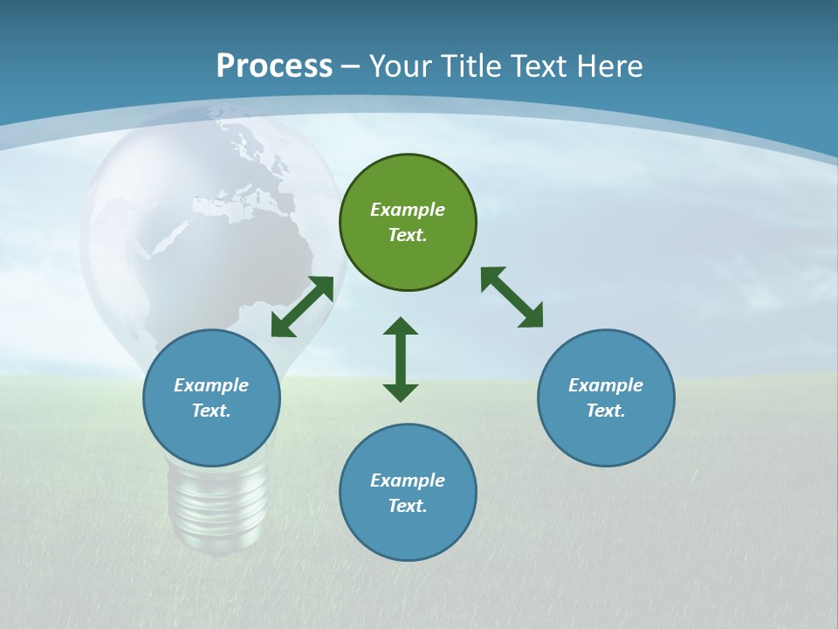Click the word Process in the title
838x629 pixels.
pyautogui.click(x=274, y=66)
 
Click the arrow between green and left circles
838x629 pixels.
pyautogui.click(x=302, y=307)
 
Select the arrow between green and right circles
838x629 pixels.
pyautogui.click(x=512, y=298)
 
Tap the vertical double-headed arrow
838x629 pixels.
pyautogui.click(x=401, y=359)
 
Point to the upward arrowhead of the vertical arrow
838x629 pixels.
pyautogui.click(x=401, y=326)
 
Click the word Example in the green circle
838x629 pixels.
pyautogui.click(x=408, y=210)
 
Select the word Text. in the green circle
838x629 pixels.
pyautogui.click(x=408, y=235)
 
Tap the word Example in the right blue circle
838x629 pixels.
pyautogui.click(x=606, y=385)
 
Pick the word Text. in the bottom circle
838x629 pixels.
pyautogui.click(x=408, y=506)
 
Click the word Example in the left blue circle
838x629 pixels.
pyautogui.click(x=211, y=385)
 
